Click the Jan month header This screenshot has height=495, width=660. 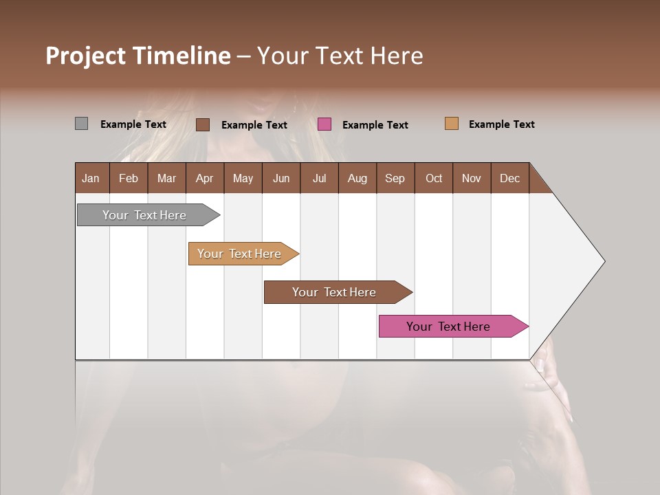tap(91, 178)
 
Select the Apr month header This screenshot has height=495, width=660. tap(205, 178)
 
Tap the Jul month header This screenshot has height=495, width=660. tap(319, 178)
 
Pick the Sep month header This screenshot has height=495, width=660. tap(395, 178)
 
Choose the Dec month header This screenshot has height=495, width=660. tap(509, 178)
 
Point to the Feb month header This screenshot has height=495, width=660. tap(129, 178)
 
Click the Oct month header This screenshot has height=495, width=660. tap(434, 178)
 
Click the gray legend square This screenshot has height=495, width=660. tap(81, 124)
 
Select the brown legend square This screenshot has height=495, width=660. tap(203, 124)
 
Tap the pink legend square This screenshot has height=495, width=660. tap(324, 124)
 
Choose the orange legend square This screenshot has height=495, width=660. tap(452, 124)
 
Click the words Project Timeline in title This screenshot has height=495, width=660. tap(138, 56)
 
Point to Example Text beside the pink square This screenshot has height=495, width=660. tap(375, 125)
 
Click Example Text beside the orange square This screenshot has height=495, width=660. tap(501, 124)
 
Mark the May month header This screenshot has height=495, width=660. tap(243, 178)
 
